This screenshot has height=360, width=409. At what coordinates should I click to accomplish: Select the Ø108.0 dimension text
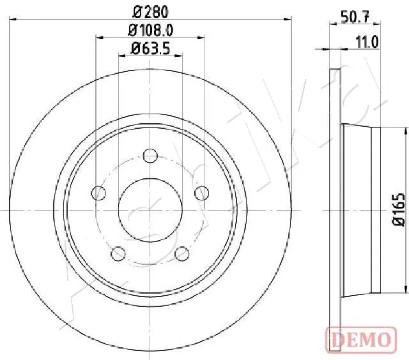pyautogui.click(x=151, y=29)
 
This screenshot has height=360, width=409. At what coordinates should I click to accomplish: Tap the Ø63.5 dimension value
pyautogui.click(x=150, y=48)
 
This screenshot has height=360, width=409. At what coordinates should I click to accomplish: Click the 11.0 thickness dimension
pyautogui.click(x=367, y=41)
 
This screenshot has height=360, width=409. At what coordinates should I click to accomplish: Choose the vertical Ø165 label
pyautogui.click(x=398, y=209)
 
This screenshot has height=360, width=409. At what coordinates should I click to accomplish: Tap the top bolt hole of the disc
pyautogui.click(x=150, y=155)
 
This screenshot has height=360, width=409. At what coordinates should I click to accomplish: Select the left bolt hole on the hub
pyautogui.click(x=99, y=192)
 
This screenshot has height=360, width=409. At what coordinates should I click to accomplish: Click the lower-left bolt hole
pyautogui.click(x=118, y=253)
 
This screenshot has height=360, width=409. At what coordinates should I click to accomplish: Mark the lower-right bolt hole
pyautogui.click(x=183, y=253)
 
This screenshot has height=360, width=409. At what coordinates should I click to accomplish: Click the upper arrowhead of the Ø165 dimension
pyautogui.click(x=405, y=130)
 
